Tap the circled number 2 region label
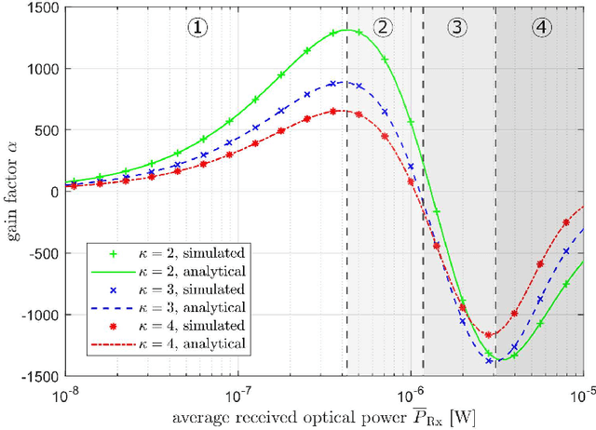[x=383, y=27]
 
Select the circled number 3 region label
[x=458, y=27]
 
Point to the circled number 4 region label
[x=541, y=27]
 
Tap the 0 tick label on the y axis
[x=52, y=193]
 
